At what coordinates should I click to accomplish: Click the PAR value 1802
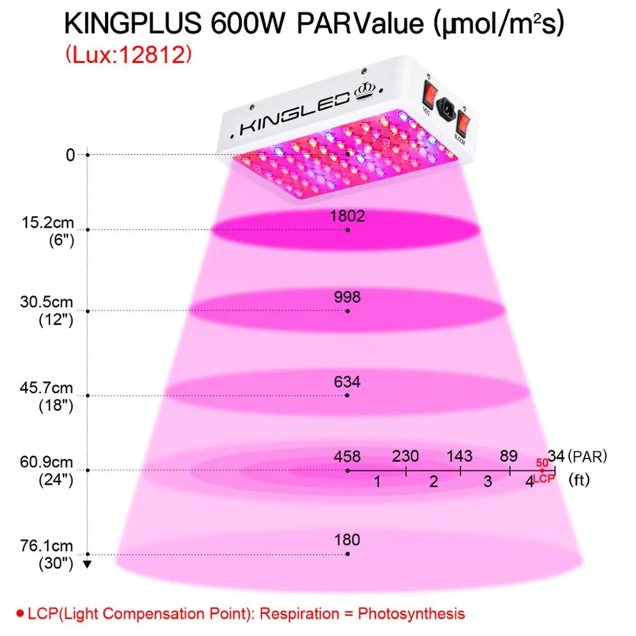pyautogui.click(x=347, y=216)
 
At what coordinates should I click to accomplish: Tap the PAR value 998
pyautogui.click(x=347, y=297)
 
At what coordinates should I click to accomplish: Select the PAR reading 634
pyautogui.click(x=347, y=382)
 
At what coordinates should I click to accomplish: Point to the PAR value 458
pyautogui.click(x=347, y=456)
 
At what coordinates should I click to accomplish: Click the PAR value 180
pyautogui.click(x=347, y=540)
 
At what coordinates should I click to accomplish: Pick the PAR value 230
pyautogui.click(x=405, y=456)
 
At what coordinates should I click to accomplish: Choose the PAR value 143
pyautogui.click(x=459, y=456)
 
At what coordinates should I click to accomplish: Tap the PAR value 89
pyautogui.click(x=509, y=456)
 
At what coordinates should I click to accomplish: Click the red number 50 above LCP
pyautogui.click(x=542, y=462)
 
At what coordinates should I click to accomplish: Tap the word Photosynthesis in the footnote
pyautogui.click(x=411, y=614)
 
